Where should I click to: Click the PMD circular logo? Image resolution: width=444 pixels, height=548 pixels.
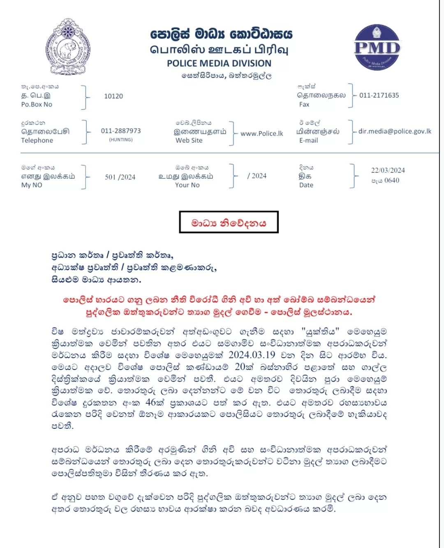coord(377,47)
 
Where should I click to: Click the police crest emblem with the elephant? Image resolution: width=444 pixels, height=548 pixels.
coord(67,47)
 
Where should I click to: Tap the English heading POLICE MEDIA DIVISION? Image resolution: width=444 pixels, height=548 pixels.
coord(219,63)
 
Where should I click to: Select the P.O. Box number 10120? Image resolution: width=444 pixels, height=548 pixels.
coord(113,96)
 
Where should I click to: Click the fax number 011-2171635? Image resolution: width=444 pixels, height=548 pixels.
coord(379,95)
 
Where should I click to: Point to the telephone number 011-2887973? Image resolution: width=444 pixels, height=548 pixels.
coord(121,131)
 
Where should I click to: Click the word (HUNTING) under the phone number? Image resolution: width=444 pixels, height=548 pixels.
coord(121,140)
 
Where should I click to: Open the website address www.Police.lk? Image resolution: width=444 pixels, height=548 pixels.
coord(262,134)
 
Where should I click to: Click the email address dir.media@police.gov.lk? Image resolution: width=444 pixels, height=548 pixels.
coord(395,131)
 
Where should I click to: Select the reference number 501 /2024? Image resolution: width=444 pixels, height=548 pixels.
coord(120,177)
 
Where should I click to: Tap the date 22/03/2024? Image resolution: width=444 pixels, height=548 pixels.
coord(388,170)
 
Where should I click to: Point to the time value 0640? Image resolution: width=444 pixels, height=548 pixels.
coord(391,180)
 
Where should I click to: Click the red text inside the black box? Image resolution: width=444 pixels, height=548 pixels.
coord(229,223)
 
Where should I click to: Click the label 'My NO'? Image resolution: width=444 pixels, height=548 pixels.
coord(32,185)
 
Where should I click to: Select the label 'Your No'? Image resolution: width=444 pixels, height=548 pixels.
coord(187,185)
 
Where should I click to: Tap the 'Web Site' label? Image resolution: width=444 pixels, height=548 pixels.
coord(189,141)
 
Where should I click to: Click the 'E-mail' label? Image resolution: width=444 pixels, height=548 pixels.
coord(309,141)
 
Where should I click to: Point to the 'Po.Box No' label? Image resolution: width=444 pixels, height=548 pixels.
coord(37,105)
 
